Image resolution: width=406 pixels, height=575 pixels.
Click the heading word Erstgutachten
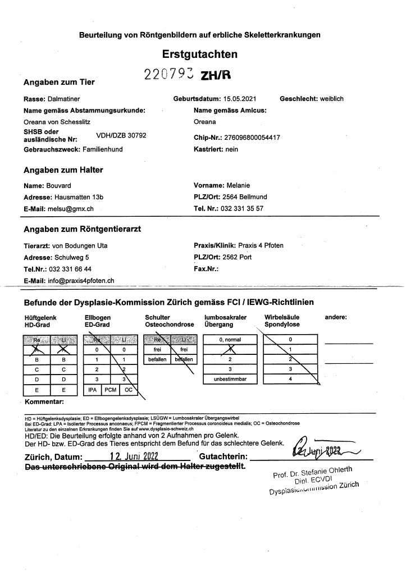pos(199,54)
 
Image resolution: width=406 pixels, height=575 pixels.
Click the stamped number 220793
pos(165,74)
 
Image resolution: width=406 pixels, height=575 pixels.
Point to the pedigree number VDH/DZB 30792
pos(121,135)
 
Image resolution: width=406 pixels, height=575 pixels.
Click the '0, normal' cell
pos(229,340)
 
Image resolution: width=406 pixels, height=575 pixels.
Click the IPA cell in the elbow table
pos(92,389)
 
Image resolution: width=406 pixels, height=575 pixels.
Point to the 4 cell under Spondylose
pos(290,380)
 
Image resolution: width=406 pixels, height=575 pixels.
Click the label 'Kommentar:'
pos(44,402)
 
